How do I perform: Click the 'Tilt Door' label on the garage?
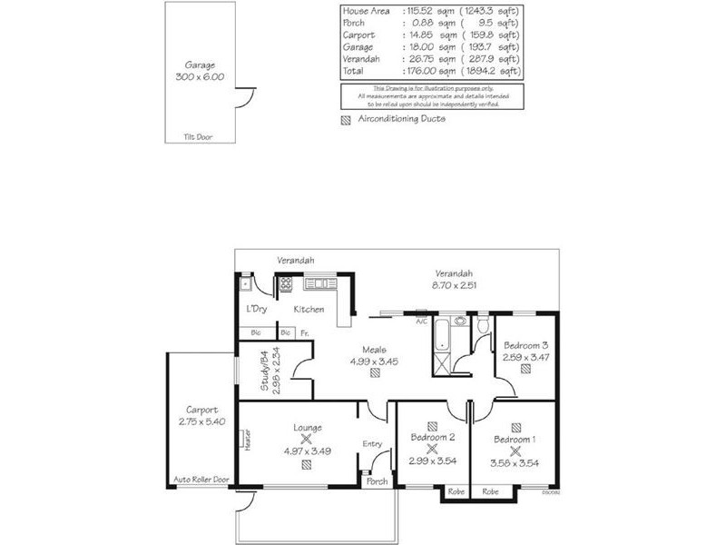click(196, 137)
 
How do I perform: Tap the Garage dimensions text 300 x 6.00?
click(198, 78)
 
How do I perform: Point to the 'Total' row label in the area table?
click(354, 70)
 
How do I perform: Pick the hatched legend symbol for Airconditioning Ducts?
click(345, 119)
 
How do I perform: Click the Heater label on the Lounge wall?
click(246, 441)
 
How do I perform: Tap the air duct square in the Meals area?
click(374, 373)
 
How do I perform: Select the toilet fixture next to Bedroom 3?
click(482, 324)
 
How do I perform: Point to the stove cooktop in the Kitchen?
click(286, 283)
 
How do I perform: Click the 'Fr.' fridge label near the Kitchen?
click(304, 333)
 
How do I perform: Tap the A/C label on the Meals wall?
click(421, 321)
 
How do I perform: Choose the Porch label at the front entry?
click(377, 481)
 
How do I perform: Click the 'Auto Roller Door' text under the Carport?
click(201, 479)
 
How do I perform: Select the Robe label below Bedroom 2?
click(455, 491)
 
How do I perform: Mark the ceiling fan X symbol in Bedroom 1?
click(515, 450)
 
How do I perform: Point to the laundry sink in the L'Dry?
click(246, 284)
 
